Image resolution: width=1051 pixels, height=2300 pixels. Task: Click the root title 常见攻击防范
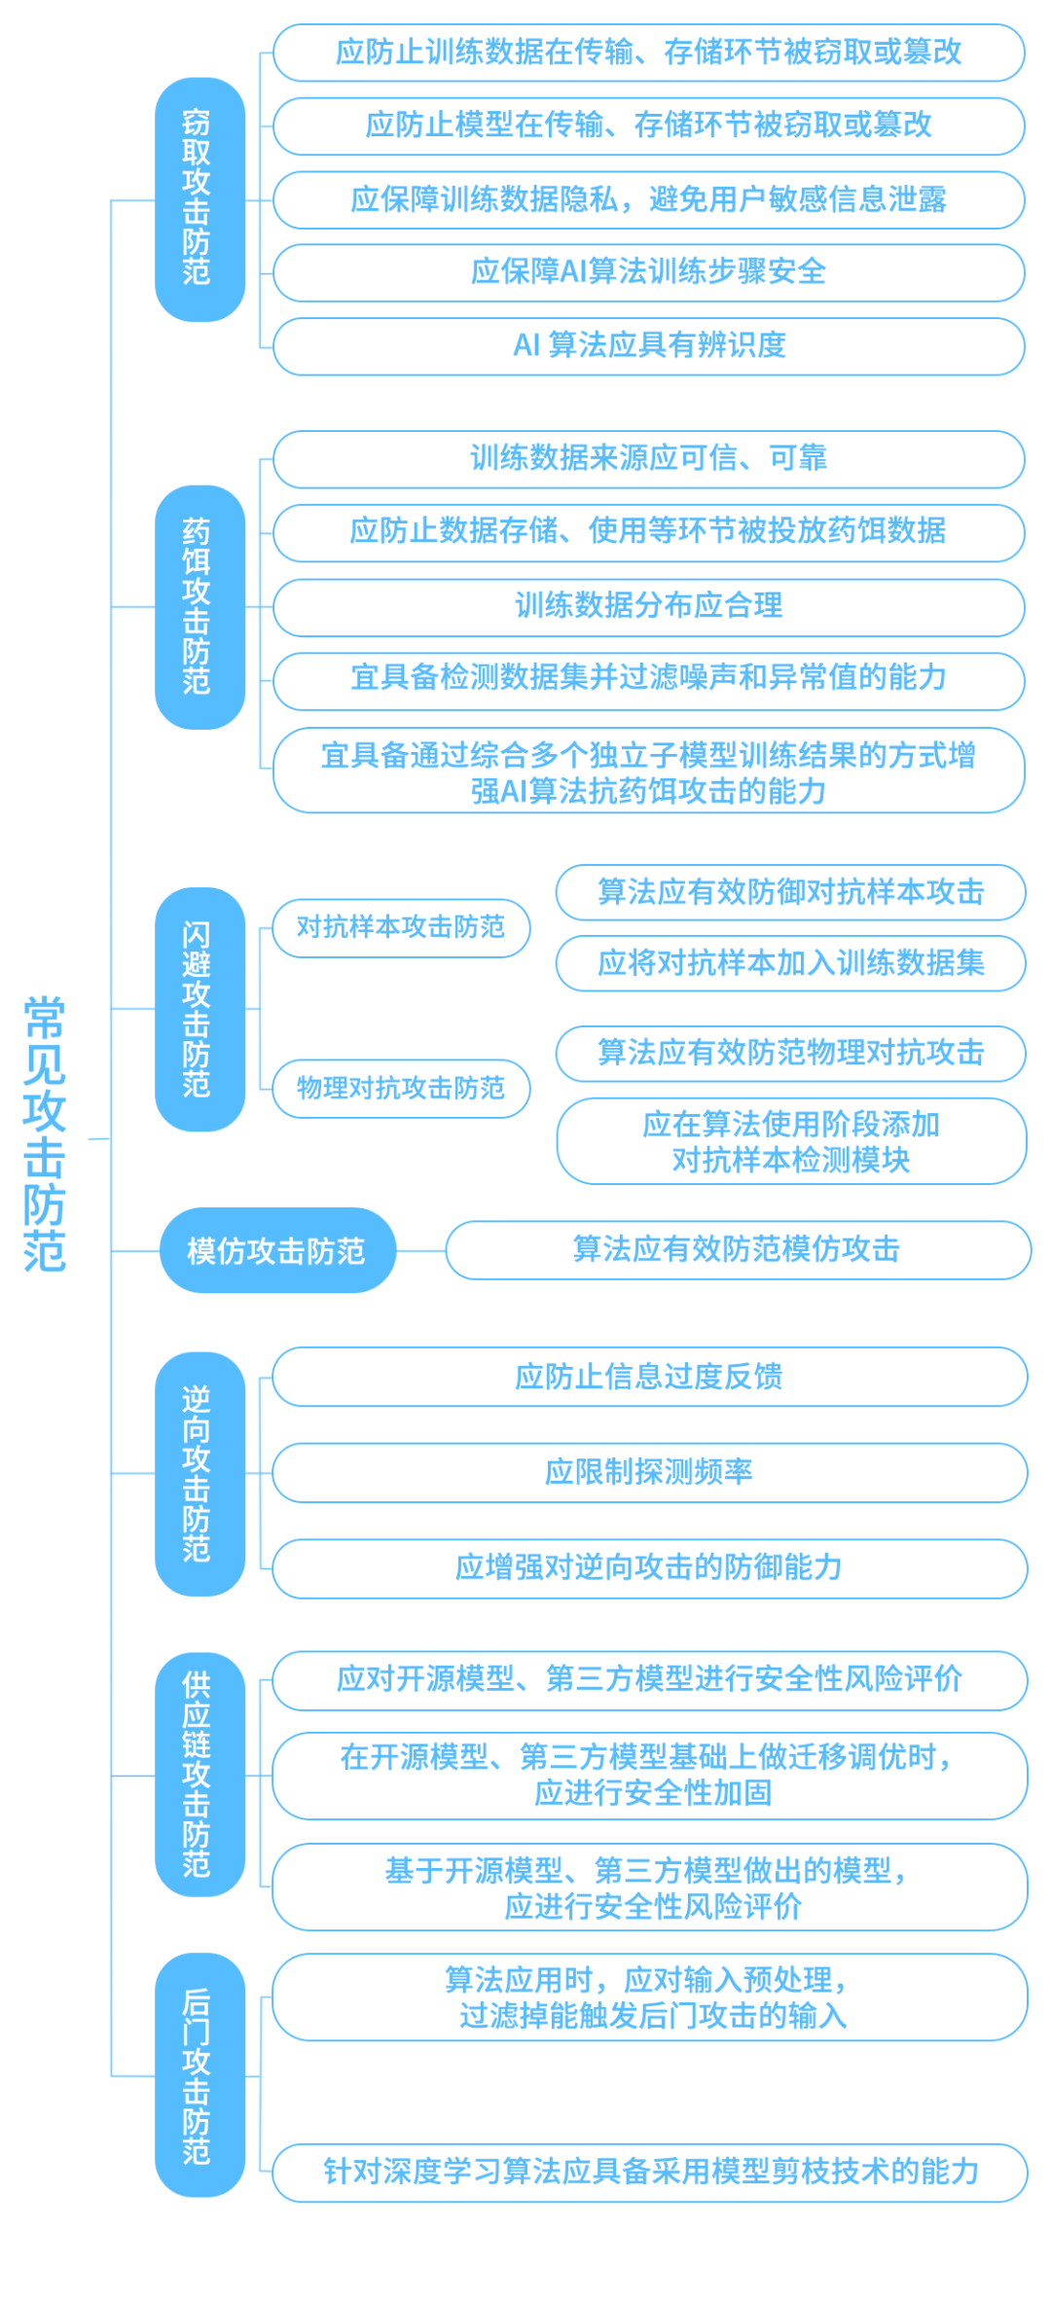click(45, 1133)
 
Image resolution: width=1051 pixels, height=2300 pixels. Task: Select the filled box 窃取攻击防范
click(199, 199)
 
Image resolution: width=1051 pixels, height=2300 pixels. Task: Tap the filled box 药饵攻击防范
click(199, 607)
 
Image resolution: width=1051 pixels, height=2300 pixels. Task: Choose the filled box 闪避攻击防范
click(199, 1009)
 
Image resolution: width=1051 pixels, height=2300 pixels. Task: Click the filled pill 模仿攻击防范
click(277, 1250)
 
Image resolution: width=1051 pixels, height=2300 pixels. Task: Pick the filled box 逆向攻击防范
click(199, 1473)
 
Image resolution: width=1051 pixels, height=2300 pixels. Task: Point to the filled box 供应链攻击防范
click(199, 1775)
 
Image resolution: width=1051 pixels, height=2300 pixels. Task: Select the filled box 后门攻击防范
click(199, 2075)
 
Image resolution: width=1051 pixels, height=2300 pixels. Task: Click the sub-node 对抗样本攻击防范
click(401, 928)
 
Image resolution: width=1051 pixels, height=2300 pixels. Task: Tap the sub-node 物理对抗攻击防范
click(401, 1089)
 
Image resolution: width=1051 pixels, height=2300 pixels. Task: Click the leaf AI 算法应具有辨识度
click(649, 346)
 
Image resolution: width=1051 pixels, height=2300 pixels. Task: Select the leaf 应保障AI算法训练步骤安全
click(649, 272)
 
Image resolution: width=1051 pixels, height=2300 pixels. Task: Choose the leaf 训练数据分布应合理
click(649, 607)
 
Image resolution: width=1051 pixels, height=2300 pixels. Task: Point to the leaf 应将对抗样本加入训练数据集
click(791, 963)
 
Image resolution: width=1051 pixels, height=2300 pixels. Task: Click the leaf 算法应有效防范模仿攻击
click(739, 1250)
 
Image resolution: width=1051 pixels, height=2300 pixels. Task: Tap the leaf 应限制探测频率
click(650, 1473)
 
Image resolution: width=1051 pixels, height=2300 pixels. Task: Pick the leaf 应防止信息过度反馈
click(650, 1377)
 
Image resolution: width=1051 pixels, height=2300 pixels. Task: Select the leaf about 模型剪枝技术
click(650, 2173)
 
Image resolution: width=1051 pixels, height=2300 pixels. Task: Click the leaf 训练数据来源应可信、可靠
click(649, 459)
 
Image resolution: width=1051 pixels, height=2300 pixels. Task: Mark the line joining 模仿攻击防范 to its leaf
click(420, 1250)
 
